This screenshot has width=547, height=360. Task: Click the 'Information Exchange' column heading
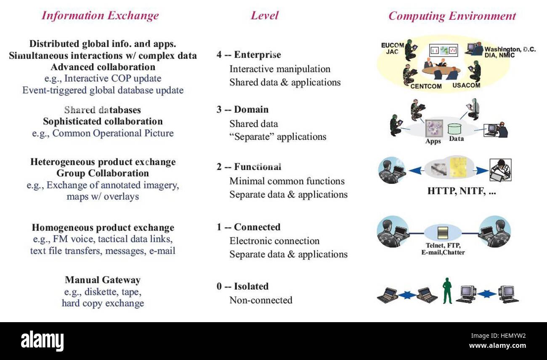click(x=100, y=16)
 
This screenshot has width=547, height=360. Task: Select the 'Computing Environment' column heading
click(x=452, y=16)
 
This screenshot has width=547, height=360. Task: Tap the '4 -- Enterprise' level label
click(x=249, y=55)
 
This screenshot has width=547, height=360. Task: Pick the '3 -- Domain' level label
click(x=242, y=109)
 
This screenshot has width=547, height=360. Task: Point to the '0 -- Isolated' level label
click(x=242, y=286)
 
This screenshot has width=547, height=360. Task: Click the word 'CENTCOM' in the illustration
click(x=426, y=86)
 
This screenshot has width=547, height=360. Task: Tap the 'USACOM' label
click(x=466, y=85)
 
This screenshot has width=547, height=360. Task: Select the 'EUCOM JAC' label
click(x=393, y=48)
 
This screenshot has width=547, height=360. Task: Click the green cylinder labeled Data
click(x=454, y=129)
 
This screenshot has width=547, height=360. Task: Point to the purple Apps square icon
click(x=434, y=128)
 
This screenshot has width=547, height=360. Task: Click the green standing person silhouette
click(x=447, y=291)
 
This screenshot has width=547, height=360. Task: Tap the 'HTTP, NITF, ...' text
click(x=462, y=191)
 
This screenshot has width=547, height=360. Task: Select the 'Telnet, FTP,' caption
click(x=443, y=245)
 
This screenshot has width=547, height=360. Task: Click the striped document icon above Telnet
click(x=443, y=233)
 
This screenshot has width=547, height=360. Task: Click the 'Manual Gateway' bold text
click(x=103, y=280)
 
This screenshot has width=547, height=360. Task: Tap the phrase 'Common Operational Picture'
click(x=113, y=133)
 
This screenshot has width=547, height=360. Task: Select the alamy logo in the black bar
click(x=42, y=341)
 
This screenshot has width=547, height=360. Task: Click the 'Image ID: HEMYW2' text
click(x=498, y=336)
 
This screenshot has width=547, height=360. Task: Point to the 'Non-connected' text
click(x=261, y=300)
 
